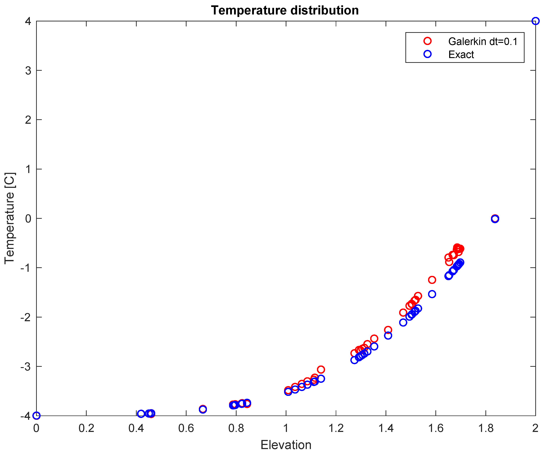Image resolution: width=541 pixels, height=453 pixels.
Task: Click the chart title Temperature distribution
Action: [285, 11]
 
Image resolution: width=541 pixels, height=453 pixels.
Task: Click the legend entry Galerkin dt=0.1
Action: [483, 41]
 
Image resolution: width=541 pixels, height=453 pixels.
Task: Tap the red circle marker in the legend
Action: [427, 41]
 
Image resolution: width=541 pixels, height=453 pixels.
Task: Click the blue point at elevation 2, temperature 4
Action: [535, 21]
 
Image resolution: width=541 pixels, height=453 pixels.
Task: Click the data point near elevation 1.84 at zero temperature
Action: [495, 219]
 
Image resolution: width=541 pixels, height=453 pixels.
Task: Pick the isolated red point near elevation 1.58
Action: [432, 280]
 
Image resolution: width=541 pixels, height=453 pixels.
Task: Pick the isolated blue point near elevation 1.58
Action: [432, 294]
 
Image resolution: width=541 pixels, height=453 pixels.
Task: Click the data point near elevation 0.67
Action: [203, 409]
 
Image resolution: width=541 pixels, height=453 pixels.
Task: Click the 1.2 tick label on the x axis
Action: [336, 428]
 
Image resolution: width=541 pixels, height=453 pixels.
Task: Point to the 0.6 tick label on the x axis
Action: [186, 428]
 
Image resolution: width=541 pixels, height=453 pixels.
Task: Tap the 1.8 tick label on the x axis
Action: [486, 428]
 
